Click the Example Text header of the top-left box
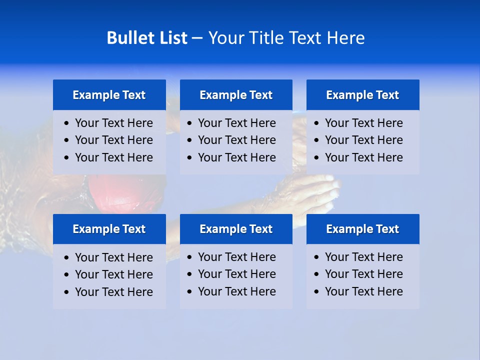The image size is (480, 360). [109, 95]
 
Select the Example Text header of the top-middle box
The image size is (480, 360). [236, 95]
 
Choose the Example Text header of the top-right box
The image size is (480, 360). [362, 95]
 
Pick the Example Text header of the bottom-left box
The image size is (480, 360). [109, 229]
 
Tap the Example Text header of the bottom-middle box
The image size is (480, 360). [236, 229]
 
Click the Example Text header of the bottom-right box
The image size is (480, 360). [362, 229]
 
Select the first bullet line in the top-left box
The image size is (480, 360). [113, 123]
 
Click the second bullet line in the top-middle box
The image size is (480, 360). [236, 140]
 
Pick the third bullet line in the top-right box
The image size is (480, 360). [363, 157]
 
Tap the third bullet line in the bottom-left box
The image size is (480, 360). [113, 292]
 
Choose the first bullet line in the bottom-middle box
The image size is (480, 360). [236, 257]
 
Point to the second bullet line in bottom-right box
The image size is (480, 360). [363, 274]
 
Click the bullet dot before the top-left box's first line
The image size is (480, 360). [67, 123]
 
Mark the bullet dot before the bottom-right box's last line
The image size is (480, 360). [316, 292]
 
